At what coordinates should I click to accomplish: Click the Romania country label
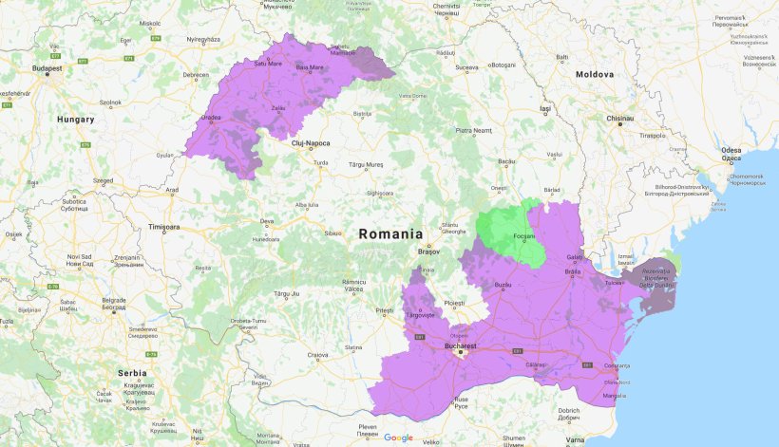(x=390, y=233)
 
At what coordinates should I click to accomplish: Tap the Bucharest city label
(x=460, y=347)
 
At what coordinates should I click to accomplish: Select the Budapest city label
(x=47, y=68)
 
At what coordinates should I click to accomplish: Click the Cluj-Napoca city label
(x=311, y=143)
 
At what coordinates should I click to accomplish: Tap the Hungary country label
(x=75, y=120)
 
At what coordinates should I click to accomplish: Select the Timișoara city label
(x=163, y=228)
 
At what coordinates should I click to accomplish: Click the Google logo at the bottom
(x=399, y=438)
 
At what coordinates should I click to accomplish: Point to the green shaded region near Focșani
(x=513, y=233)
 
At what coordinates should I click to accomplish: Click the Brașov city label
(x=430, y=251)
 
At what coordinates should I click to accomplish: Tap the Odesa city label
(x=731, y=150)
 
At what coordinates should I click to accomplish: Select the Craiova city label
(x=317, y=356)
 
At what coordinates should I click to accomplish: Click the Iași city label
(x=544, y=109)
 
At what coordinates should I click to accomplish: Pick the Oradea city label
(x=212, y=120)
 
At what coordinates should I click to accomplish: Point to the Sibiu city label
(x=332, y=233)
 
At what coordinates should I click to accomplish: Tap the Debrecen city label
(x=196, y=74)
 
